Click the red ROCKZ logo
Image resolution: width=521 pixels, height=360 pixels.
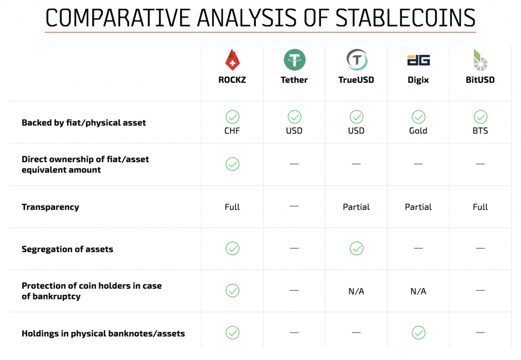pyautogui.click(x=232, y=60)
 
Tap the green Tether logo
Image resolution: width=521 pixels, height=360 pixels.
pyautogui.click(x=295, y=60)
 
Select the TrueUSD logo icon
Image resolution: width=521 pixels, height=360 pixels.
pyautogui.click(x=357, y=60)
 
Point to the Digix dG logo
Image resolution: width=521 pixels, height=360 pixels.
pyautogui.click(x=418, y=60)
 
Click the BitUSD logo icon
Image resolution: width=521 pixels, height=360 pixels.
pyautogui.click(x=480, y=60)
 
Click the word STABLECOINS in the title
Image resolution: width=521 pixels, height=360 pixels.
pyautogui.click(x=406, y=18)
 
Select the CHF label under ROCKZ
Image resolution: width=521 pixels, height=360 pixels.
pyautogui.click(x=232, y=131)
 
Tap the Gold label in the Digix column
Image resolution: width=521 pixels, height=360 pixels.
pyautogui.click(x=418, y=131)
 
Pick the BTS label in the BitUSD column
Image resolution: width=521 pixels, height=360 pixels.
pyautogui.click(x=480, y=131)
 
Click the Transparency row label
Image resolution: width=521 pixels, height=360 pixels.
pyautogui.click(x=50, y=207)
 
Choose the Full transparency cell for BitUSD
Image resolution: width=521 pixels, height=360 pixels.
pyautogui.click(x=480, y=207)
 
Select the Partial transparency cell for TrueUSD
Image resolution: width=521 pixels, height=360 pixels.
pyautogui.click(x=356, y=207)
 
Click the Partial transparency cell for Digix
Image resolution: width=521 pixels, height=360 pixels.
pyautogui.click(x=418, y=207)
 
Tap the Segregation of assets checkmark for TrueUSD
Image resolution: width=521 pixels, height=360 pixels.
pyautogui.click(x=357, y=249)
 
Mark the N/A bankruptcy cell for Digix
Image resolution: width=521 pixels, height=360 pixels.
pyautogui.click(x=418, y=291)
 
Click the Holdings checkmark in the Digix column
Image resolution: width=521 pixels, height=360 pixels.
pyautogui.click(x=418, y=333)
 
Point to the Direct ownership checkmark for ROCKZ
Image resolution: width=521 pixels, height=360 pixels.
pyautogui.click(x=233, y=164)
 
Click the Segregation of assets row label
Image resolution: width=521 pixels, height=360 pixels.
pyautogui.click(x=68, y=249)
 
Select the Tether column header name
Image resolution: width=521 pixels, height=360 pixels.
pyautogui.click(x=294, y=80)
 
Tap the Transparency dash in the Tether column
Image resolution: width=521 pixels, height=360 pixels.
pyautogui.click(x=294, y=206)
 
